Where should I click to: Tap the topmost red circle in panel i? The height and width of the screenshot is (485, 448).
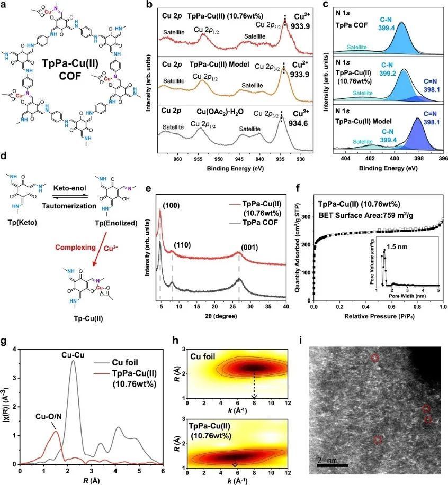[375, 358]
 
